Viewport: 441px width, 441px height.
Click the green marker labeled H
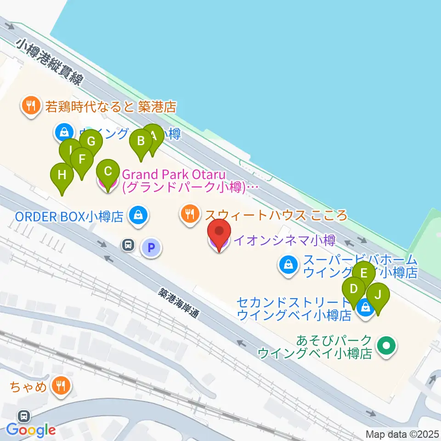(62, 175)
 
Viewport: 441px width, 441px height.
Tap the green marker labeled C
(108, 172)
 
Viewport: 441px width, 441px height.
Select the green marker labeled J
(378, 295)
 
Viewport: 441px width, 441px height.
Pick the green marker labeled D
(354, 289)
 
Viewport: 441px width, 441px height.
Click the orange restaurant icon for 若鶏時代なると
(31, 106)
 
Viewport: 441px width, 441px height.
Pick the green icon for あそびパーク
(386, 345)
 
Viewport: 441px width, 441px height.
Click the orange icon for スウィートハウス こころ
(190, 214)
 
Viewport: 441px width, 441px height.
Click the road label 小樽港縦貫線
(50, 61)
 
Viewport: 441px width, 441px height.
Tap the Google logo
(31, 430)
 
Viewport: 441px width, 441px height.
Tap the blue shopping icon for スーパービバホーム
(288, 265)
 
